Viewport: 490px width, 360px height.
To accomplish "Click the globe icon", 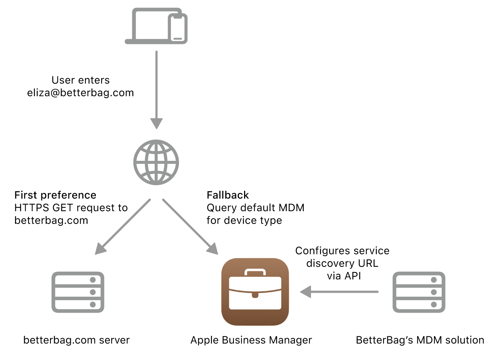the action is (x=156, y=162).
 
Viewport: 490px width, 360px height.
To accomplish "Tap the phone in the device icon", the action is (x=177, y=29).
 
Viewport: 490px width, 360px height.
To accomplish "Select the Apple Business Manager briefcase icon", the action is (x=255, y=292).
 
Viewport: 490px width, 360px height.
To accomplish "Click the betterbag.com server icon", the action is (x=78, y=292).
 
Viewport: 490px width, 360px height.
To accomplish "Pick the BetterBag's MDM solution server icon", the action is (x=419, y=292).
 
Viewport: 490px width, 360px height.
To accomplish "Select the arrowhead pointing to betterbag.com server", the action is (x=100, y=249).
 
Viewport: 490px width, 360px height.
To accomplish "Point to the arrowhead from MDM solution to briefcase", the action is (x=306, y=292).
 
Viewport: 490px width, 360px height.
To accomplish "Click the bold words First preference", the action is (x=55, y=195).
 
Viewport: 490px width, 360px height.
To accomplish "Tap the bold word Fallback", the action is (x=228, y=195).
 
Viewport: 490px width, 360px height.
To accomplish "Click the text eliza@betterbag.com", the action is (x=80, y=93).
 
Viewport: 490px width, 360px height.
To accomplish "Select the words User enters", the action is (x=80, y=80).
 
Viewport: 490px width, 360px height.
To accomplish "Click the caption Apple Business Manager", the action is (x=251, y=340).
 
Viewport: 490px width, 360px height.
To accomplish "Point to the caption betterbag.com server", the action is (x=77, y=340).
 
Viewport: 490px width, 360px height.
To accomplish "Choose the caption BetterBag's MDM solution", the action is (x=420, y=340).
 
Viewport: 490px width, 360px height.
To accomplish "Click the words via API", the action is (x=344, y=276).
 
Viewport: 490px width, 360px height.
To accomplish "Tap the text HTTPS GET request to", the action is (x=71, y=208).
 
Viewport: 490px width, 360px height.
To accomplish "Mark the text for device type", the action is (x=244, y=220).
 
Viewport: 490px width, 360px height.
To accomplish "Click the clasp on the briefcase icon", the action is (x=255, y=295).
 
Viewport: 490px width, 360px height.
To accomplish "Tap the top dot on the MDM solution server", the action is (x=434, y=280).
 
